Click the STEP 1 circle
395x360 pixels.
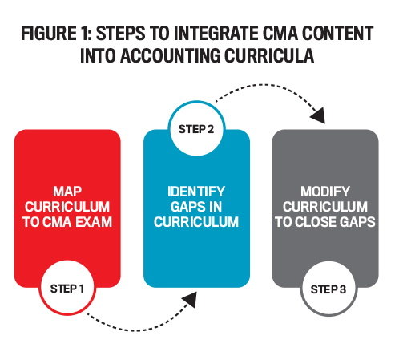tap(67, 288)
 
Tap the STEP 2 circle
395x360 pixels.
tap(196, 128)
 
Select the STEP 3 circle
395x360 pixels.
tap(328, 289)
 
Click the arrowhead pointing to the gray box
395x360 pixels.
tap(318, 115)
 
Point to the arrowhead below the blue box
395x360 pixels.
tap(190, 299)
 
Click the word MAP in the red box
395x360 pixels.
tap(67, 192)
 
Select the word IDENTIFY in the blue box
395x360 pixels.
tap(196, 192)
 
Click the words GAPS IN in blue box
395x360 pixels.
tap(196, 207)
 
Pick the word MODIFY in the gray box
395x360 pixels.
tap(325, 192)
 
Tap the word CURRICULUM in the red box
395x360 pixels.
tap(67, 207)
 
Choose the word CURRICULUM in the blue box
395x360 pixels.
tap(196, 222)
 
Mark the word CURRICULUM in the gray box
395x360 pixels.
tap(325, 207)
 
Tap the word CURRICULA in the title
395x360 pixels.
tap(269, 55)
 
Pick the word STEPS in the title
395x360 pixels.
tap(120, 34)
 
